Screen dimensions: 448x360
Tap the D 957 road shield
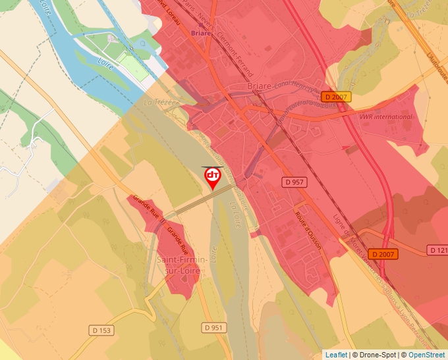coord(296,181)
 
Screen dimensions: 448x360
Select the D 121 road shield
coord(438,250)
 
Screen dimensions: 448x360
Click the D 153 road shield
coord(100,330)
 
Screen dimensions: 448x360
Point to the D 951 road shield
coord(215,327)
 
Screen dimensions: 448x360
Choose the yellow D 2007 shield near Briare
coord(335,97)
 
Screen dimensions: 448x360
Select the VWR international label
coord(385,117)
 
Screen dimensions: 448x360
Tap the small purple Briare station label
coord(199,32)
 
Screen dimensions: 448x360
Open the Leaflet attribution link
coord(336,355)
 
